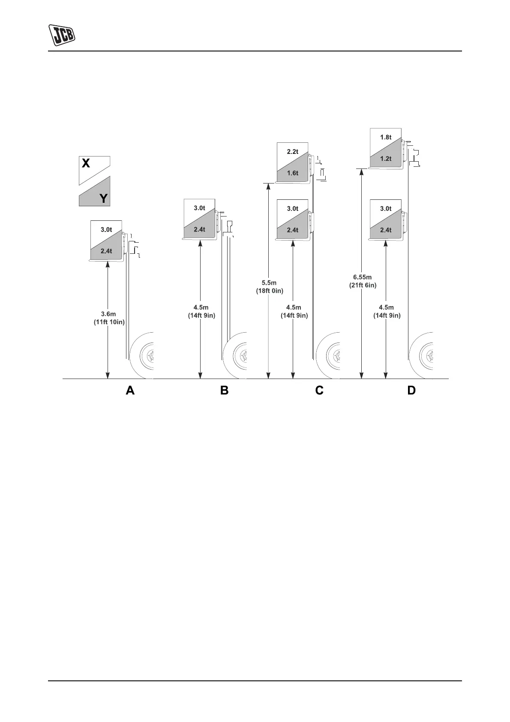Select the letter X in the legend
click(x=86, y=163)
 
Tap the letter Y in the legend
click(x=103, y=199)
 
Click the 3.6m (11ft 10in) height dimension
click(x=109, y=318)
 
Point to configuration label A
click(x=130, y=391)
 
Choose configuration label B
click(x=224, y=391)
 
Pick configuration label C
click(x=319, y=391)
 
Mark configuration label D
click(x=411, y=391)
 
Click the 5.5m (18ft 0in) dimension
click(x=269, y=287)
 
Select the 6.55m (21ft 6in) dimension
click(x=363, y=281)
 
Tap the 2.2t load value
click(x=292, y=152)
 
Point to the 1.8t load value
click(x=386, y=137)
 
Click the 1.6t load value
click(x=292, y=173)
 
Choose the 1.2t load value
click(x=386, y=159)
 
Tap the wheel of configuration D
click(x=422, y=355)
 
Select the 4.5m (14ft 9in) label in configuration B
click(x=201, y=311)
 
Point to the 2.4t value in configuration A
click(x=106, y=251)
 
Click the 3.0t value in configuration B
click(x=199, y=208)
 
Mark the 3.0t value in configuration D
click(x=386, y=209)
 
